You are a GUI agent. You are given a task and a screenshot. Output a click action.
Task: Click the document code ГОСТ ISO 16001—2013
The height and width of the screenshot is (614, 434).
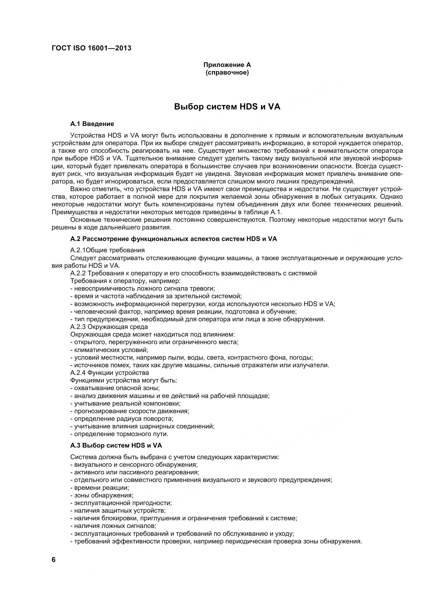(x=91, y=48)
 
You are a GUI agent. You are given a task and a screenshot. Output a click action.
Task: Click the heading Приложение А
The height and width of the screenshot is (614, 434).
(x=227, y=65)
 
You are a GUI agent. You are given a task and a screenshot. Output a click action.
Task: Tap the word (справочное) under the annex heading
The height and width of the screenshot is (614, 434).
(x=227, y=73)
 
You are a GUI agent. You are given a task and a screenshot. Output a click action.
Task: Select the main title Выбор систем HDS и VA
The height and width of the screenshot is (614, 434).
(x=227, y=107)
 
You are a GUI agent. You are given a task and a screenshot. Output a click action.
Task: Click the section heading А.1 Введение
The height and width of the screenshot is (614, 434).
(x=92, y=124)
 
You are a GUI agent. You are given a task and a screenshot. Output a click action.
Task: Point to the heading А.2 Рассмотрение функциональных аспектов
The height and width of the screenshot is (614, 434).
(x=174, y=239)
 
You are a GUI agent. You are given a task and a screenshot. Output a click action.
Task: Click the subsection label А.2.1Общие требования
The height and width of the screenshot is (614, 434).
(x=107, y=250)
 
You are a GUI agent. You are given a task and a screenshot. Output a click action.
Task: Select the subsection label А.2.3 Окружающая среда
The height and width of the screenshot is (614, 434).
(x=109, y=327)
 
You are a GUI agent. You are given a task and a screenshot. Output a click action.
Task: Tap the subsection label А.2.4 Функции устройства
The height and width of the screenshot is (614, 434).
(x=110, y=373)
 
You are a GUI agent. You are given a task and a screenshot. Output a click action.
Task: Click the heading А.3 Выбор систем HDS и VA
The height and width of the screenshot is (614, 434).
(x=116, y=445)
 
